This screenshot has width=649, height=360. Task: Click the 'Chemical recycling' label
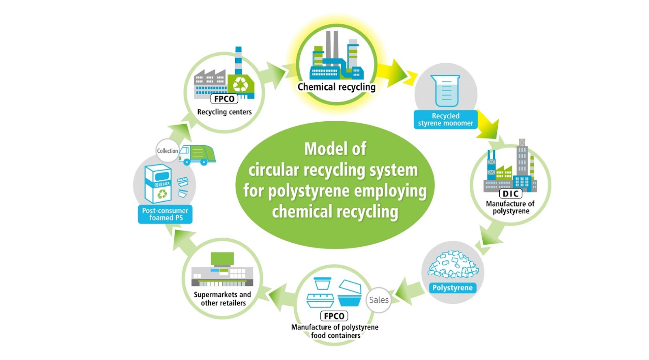click(x=336, y=87)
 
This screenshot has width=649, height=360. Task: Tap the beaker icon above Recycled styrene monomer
click(x=445, y=91)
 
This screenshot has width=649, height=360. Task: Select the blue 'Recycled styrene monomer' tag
click(x=445, y=119)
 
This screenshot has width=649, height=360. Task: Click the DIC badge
click(x=511, y=194)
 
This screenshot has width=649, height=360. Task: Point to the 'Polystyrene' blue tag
click(x=452, y=288)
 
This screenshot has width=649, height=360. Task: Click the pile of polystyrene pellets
click(x=453, y=264)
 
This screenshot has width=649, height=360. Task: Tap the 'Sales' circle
click(x=379, y=300)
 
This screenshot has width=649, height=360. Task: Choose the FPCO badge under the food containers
click(x=334, y=316)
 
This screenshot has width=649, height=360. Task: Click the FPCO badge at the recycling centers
click(x=224, y=99)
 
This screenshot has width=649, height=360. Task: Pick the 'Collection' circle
click(x=167, y=151)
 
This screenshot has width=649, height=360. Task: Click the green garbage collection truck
click(x=197, y=155)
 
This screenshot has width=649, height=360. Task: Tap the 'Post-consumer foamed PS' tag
click(x=165, y=214)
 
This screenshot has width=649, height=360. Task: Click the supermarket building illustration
click(x=222, y=269)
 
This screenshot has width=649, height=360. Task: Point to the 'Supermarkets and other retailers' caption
click(x=223, y=299)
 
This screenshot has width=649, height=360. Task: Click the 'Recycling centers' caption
click(x=224, y=112)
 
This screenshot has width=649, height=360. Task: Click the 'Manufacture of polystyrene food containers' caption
click(x=335, y=331)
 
